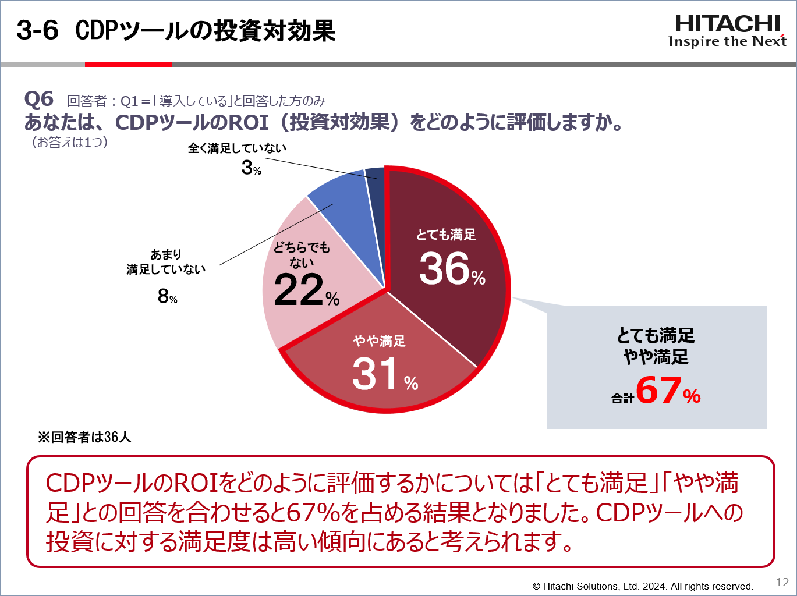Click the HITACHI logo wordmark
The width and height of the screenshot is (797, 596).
[x=727, y=24]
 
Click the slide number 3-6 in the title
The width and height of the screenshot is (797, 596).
[x=37, y=30]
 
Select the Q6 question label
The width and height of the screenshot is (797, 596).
[x=38, y=99]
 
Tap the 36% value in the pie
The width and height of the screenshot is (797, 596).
[x=451, y=269]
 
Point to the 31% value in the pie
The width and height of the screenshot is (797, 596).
[x=384, y=374]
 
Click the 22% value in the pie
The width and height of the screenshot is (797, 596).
[x=306, y=290]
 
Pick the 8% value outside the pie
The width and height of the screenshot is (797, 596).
[x=167, y=297]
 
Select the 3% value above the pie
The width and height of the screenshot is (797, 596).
[x=251, y=168]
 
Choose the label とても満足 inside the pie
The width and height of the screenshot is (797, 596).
[x=446, y=235]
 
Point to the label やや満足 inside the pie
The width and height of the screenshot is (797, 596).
[x=379, y=341]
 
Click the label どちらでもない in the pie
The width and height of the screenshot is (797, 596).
[x=302, y=255]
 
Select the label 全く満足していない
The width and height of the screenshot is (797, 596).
[x=237, y=148]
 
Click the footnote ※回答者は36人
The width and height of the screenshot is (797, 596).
[x=84, y=437]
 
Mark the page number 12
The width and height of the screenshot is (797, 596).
[x=782, y=582]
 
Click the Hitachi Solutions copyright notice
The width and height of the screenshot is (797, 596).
[x=643, y=586]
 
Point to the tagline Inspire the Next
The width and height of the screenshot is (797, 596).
[x=727, y=41]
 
